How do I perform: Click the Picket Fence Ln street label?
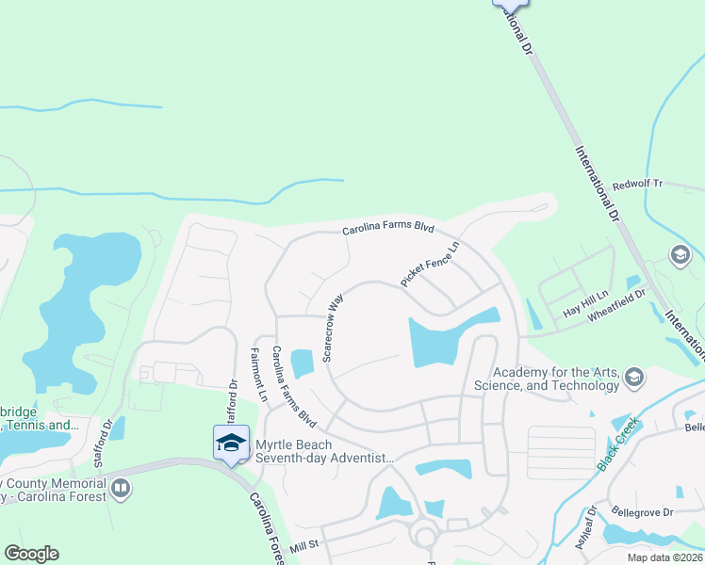tap(430, 264)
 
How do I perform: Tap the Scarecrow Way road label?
tap(334, 328)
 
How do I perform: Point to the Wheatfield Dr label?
tap(616, 306)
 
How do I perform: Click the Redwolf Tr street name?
tap(638, 185)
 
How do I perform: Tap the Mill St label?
tap(305, 545)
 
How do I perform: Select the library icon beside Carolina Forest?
tap(120, 488)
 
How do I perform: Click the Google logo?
tap(31, 554)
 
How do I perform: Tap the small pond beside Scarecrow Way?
tap(303, 362)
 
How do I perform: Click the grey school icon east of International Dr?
tap(680, 255)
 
